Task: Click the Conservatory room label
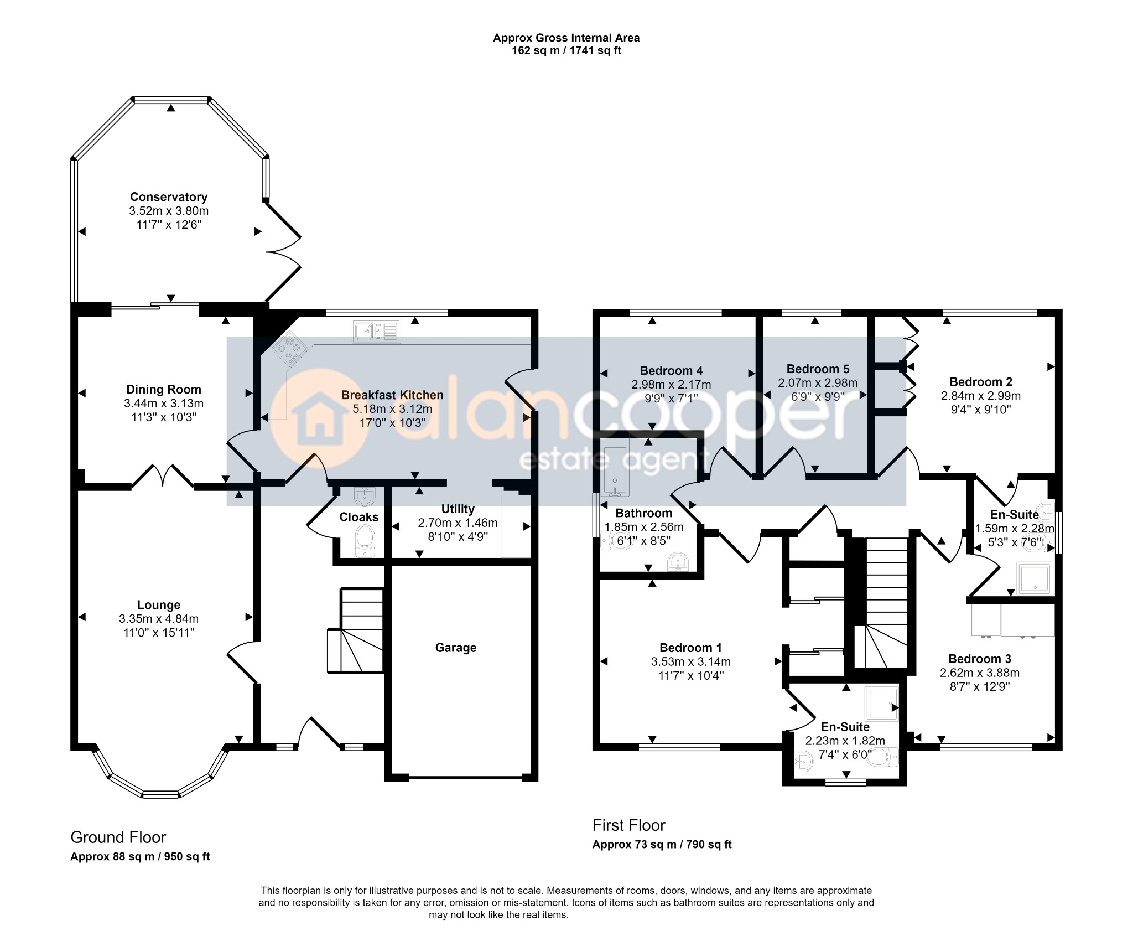pos(169,196)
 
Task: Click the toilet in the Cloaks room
pos(365,540)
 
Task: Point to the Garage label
pos(455,648)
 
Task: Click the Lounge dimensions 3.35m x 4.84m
pos(159,619)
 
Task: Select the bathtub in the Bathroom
pos(615,471)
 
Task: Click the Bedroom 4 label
pos(671,370)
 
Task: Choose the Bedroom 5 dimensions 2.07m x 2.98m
pos(818,382)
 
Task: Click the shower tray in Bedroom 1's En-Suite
pos(881,704)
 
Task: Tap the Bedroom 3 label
pos(979,659)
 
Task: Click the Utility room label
pos(458,509)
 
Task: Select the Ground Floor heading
pos(118,837)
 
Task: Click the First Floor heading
pos(628,825)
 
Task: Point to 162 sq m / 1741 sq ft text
pos(566,51)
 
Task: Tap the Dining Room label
pos(164,389)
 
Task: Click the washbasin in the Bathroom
pos(678,562)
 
